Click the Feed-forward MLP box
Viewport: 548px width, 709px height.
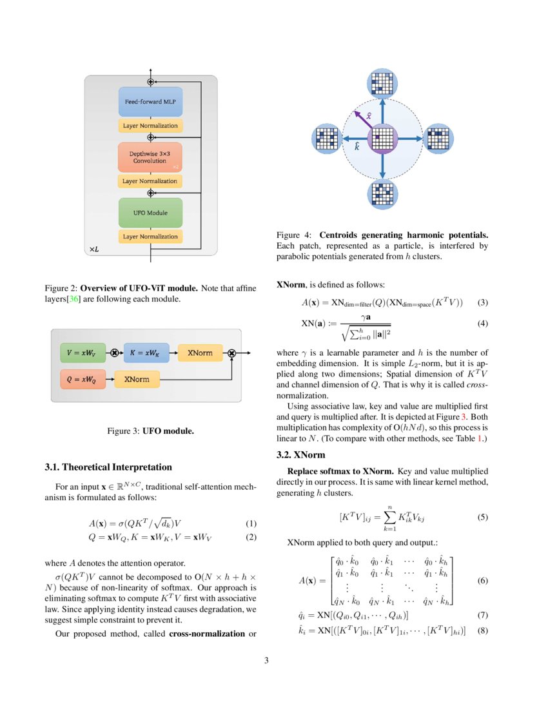pos(150,102)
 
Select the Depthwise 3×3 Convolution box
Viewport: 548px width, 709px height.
pos(150,157)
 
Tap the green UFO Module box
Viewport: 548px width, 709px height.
pos(150,213)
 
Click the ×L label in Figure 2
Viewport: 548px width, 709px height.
pos(94,248)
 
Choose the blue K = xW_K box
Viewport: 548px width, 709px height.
pos(146,353)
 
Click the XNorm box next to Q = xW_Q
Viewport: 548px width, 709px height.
pos(137,380)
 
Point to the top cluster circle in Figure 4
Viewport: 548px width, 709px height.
pos(383,84)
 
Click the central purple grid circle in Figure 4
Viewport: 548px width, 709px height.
pos(383,139)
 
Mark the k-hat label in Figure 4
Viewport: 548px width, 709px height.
pos(357,146)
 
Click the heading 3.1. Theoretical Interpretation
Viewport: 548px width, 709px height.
pos(108,467)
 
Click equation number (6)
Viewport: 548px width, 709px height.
pos(482,580)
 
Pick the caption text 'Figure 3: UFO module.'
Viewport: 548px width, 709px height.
pos(150,431)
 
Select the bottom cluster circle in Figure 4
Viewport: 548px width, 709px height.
pos(383,194)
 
